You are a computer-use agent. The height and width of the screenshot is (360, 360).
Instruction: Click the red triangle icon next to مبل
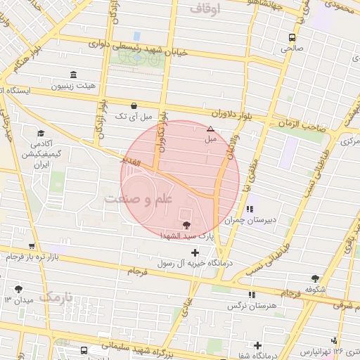click(210, 129)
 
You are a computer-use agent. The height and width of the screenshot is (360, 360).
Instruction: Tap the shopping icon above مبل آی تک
click(124, 105)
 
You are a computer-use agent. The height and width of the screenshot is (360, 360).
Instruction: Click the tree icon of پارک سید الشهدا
click(186, 225)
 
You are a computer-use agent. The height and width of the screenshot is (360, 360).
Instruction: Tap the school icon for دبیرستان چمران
click(250, 209)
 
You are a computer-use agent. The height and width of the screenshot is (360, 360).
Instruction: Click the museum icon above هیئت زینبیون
click(73, 75)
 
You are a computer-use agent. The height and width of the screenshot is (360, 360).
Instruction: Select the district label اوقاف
click(205, 8)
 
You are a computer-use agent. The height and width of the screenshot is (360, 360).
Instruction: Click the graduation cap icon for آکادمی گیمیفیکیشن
click(41, 133)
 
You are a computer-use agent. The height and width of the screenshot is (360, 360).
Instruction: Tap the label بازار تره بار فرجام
click(35, 257)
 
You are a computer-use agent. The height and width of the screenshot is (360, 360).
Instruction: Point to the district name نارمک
click(56, 296)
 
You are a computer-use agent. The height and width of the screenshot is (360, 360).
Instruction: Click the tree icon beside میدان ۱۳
click(18, 289)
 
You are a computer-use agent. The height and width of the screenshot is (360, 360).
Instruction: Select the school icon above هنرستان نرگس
click(252, 295)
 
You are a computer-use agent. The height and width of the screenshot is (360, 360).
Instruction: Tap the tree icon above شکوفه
click(315, 278)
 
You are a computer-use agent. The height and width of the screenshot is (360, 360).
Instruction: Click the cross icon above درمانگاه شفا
click(258, 345)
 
